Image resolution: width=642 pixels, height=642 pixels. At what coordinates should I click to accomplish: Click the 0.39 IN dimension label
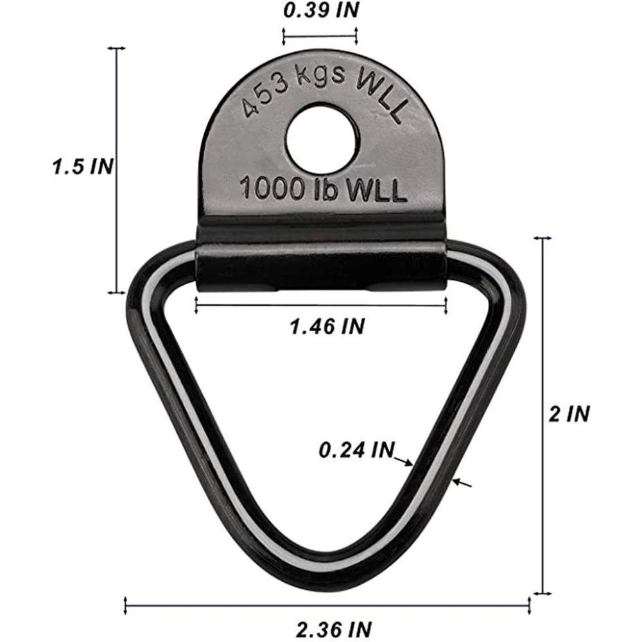point(320,11)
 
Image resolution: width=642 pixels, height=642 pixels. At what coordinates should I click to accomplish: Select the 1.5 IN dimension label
point(83,167)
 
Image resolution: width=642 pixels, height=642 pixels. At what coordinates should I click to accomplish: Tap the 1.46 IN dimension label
point(327,326)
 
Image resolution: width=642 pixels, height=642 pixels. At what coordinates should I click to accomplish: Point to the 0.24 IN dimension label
point(356,450)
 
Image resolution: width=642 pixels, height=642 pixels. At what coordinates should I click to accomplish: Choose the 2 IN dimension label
point(569,413)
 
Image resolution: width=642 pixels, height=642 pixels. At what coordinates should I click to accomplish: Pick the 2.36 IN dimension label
point(334,629)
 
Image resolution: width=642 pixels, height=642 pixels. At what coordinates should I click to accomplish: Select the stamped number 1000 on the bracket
point(273,189)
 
